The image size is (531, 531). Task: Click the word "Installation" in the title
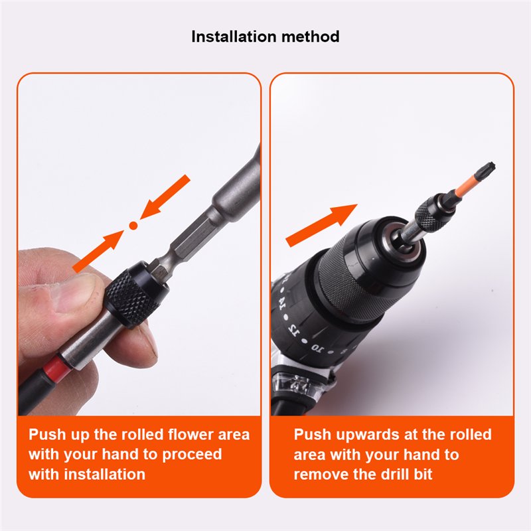click(x=234, y=37)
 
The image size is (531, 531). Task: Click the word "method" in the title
click(x=310, y=37)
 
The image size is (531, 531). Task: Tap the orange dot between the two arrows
click(x=133, y=225)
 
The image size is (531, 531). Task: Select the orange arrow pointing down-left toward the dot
click(x=165, y=196)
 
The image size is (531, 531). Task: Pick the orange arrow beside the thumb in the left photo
click(x=98, y=251)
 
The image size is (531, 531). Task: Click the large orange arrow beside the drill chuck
click(x=322, y=225)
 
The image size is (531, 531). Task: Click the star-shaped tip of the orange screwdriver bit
click(x=488, y=167)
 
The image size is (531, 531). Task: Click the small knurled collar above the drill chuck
click(x=428, y=217)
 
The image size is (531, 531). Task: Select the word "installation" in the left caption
click(x=105, y=474)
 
